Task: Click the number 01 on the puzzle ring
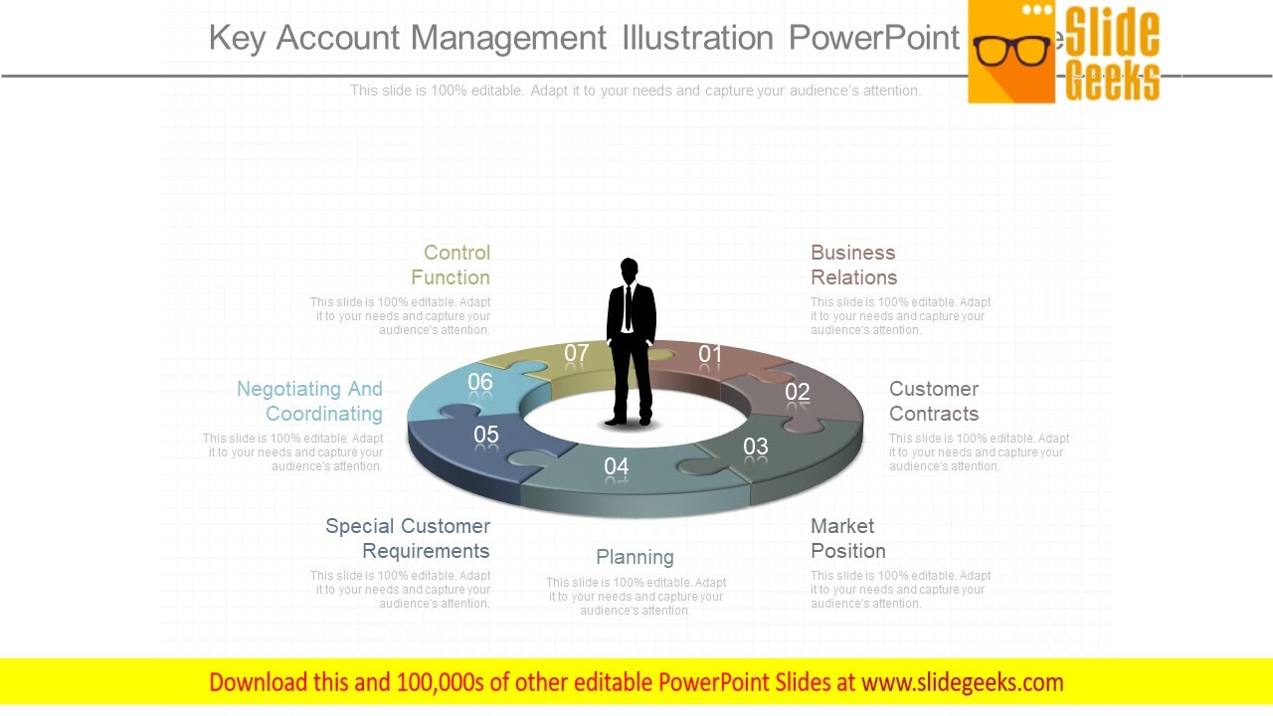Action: pos(710,354)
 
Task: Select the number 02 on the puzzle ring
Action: pos(798,392)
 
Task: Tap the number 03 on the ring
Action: pos(756,447)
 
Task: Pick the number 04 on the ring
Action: pos(617,466)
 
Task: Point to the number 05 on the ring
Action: pos(486,435)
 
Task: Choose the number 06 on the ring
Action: pos(480,382)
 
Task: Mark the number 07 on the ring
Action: pos(577,353)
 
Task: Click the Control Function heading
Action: pos(451,266)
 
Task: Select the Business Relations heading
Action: pos(853,266)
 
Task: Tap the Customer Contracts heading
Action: pos(934,402)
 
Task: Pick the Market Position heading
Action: pos(847,538)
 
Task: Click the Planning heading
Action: pos(635,557)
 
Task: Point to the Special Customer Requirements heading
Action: pos(408,538)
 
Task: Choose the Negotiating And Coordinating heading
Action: pos(310,402)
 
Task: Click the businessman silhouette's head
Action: pos(629,269)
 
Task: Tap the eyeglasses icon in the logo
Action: pos(1011,50)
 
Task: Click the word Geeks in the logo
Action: pos(1112,81)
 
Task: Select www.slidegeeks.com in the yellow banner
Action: pos(962,682)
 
